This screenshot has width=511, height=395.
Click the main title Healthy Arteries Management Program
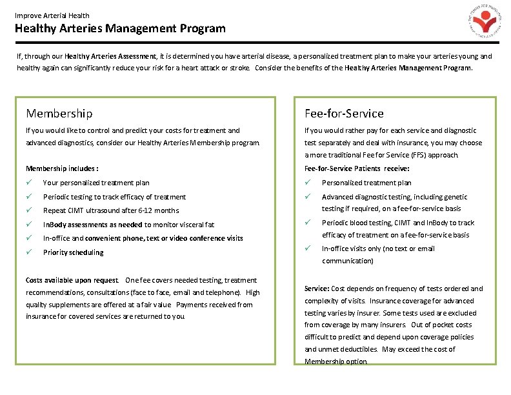[x=120, y=28]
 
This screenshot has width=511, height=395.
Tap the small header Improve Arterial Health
[x=52, y=15]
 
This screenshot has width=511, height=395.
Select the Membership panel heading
[x=59, y=114]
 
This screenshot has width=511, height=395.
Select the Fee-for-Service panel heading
[x=344, y=114]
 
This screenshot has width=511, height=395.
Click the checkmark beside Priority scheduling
[x=29, y=252]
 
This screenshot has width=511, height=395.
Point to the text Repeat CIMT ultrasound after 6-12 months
[x=110, y=210]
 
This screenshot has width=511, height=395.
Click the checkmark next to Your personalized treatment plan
[x=29, y=183]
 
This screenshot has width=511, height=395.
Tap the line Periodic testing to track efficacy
[x=114, y=197]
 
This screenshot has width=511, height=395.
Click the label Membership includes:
[x=62, y=168]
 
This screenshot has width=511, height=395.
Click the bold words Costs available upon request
[x=72, y=280]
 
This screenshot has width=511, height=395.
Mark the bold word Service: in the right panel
[x=317, y=289]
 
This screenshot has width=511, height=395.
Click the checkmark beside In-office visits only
[x=308, y=248]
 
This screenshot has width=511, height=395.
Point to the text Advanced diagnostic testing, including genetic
[x=394, y=197]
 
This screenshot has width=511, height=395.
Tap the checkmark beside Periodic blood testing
[x=308, y=223]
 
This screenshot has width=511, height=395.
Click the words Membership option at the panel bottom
[x=335, y=361]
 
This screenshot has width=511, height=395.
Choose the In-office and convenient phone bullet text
[x=143, y=238]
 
